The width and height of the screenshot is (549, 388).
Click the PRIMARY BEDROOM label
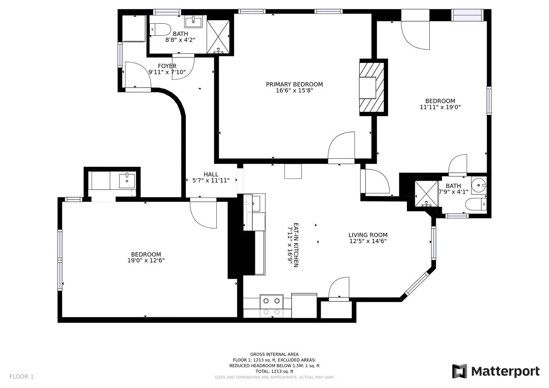tap(294, 84)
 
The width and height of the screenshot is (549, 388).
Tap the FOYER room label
tap(167, 66)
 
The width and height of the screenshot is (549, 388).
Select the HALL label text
tap(211, 174)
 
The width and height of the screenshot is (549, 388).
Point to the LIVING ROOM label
tap(368, 235)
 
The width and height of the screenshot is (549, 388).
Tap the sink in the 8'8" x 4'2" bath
tap(193, 22)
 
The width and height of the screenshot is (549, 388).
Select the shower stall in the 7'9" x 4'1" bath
tap(426, 194)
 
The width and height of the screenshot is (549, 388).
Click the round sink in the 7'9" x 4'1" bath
tap(479, 185)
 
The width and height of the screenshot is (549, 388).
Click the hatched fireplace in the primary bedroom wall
tap(371, 87)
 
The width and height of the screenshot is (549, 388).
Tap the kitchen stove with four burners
tap(271, 306)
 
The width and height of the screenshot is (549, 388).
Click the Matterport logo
tap(496, 371)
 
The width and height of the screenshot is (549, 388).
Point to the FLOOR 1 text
tap(22, 377)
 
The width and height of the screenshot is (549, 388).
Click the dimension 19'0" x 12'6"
tap(146, 260)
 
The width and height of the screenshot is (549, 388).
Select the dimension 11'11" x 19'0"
tap(440, 107)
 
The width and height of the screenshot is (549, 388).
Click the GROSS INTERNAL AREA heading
tap(274, 354)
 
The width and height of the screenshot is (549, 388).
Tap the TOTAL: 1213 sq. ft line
tap(274, 371)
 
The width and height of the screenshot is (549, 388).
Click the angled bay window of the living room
tap(417, 284)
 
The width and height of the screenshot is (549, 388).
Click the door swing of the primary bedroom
tap(341, 145)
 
